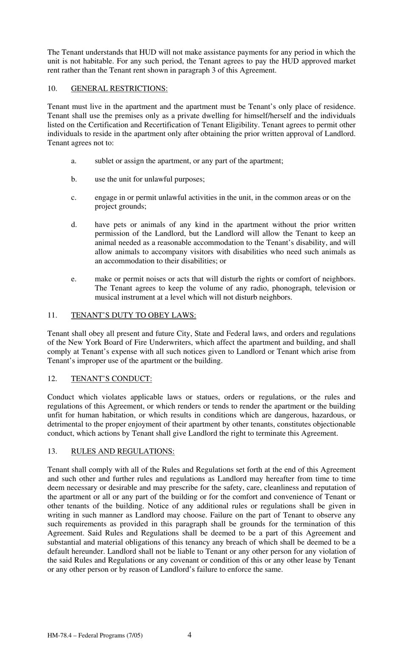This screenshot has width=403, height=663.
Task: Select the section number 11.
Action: pos(52,315)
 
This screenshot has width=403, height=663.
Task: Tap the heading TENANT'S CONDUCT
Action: pos(112,379)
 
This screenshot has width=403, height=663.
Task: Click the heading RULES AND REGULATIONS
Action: pos(123,451)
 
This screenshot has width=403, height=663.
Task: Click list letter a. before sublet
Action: pos(74,161)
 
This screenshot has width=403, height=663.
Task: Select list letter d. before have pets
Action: pos(74,225)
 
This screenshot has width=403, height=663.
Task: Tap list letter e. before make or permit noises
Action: pos(74,279)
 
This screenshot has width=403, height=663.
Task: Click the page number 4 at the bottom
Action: pos(190,635)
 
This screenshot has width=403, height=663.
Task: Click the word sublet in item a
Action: pos(104,161)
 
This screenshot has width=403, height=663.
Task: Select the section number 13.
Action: pos(52,451)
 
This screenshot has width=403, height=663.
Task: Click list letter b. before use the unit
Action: pos(74,179)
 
